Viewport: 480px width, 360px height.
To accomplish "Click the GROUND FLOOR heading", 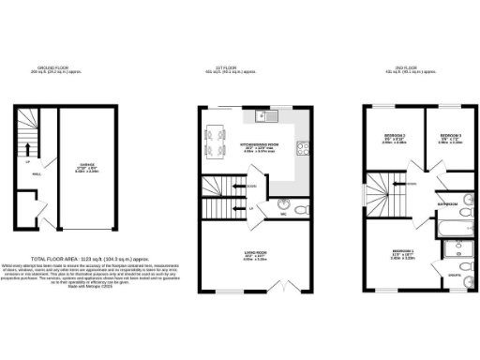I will pos(52,69).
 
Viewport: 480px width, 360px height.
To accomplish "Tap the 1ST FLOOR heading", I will pos(225,69).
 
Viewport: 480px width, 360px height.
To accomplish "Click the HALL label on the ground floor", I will pos(37,174).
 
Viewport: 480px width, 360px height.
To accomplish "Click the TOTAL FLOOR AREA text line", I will pos(90,258).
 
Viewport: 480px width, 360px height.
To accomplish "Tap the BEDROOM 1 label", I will pos(402,252).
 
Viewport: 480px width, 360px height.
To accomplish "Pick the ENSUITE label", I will pos(453,275).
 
